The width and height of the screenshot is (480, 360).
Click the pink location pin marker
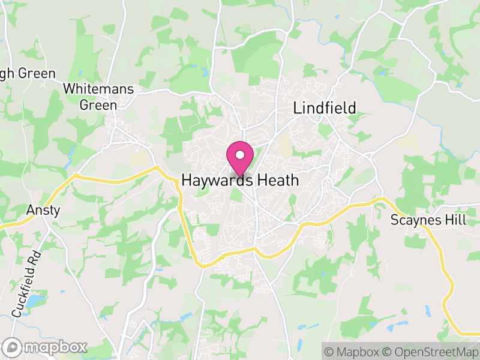tap(240, 158)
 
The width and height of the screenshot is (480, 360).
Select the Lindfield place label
tap(324, 108)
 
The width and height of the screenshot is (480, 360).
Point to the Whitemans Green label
tap(99, 96)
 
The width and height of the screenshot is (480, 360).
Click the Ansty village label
tap(43, 211)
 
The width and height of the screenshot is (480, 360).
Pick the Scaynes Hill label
tap(428, 220)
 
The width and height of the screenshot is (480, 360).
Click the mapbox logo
tap(46, 347)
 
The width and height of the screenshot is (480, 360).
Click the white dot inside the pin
tap(240, 154)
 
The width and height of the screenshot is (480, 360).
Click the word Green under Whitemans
tap(99, 104)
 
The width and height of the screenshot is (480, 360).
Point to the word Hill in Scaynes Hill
tap(455, 220)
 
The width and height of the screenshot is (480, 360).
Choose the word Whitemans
tap(99, 89)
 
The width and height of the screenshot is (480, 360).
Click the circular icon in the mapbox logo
tap(13, 347)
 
